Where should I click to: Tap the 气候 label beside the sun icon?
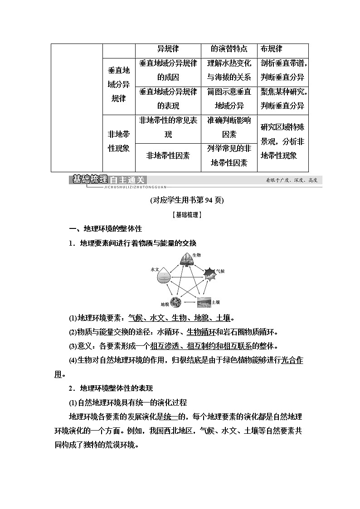tap(220, 271)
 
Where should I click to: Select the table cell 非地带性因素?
tap(168, 155)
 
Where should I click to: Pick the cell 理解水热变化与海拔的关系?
tap(229, 71)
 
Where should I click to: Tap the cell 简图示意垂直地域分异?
tap(229, 99)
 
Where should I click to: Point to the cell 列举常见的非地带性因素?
tap(229, 155)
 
